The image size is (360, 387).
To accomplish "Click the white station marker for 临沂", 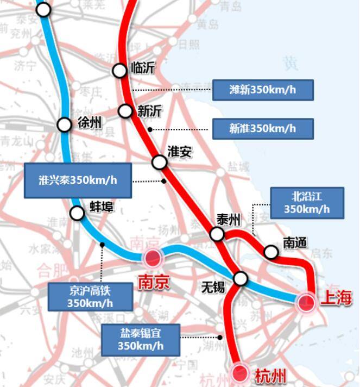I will tap(119, 70).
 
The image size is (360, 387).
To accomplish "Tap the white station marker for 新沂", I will tap(125, 111).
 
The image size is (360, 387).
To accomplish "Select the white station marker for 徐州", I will tap(65, 124).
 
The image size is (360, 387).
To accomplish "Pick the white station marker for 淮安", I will tap(159, 161).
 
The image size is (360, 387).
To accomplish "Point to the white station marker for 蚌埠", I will tap(78, 213).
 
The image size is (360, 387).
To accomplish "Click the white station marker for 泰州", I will tap(217, 234).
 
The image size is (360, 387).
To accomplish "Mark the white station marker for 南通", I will tap(271, 252).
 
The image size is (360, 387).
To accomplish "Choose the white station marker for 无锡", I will tap(240, 279).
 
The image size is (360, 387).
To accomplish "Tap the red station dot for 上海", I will tap(306, 303).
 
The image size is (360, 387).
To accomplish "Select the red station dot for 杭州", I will tap(239, 373).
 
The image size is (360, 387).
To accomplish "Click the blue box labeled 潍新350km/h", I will tap(263, 90).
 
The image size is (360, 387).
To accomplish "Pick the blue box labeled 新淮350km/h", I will tap(263, 128).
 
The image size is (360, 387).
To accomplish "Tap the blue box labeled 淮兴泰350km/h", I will tap(78, 180).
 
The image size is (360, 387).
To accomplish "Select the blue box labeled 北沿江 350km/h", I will tap(307, 203).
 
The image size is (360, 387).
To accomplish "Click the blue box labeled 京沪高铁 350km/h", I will tap(90, 297).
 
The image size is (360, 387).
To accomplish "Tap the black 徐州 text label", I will tap(90, 123).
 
